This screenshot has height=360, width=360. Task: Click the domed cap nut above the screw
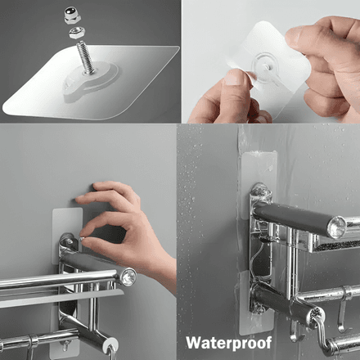pyautogui.click(x=72, y=16)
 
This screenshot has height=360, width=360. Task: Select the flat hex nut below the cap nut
pyautogui.click(x=78, y=33)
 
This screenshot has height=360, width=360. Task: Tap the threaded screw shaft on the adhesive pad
pyautogui.click(x=85, y=57)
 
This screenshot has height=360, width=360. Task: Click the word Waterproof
pyautogui.click(x=229, y=343)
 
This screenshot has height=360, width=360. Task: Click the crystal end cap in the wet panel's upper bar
pyautogui.click(x=337, y=227)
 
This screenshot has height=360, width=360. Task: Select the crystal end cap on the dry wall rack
pyautogui.click(x=128, y=277)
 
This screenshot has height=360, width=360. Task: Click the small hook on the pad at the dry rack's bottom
pyautogui.click(x=65, y=346)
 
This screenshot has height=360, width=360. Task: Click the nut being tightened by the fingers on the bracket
pyautogui.click(x=82, y=238)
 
